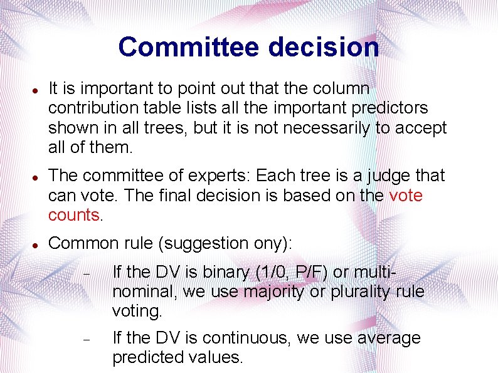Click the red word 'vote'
[x=406, y=196]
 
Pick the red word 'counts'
[x=73, y=216]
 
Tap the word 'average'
[x=389, y=339]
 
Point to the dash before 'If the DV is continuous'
[x=87, y=339]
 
